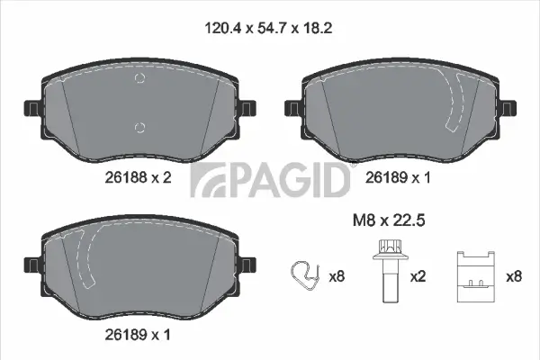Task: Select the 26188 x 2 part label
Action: click(134, 178)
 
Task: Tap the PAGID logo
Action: click(269, 179)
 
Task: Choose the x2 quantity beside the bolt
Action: click(418, 277)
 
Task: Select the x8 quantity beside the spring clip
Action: click(337, 277)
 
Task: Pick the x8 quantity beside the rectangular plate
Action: click(514, 277)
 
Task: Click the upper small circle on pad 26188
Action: click(139, 79)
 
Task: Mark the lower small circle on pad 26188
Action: click(139, 125)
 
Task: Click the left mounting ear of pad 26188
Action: click(31, 108)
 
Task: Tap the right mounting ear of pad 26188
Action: click(245, 108)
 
